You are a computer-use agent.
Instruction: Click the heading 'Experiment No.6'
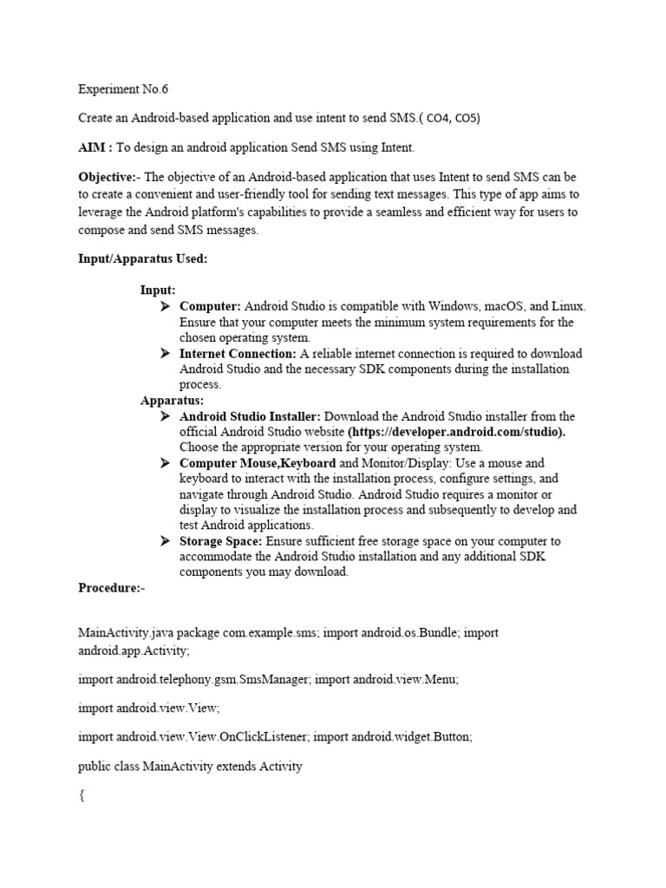pyautogui.click(x=122, y=89)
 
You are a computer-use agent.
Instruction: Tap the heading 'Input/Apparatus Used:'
pyautogui.click(x=142, y=259)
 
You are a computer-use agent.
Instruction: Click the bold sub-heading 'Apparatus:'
pyautogui.click(x=173, y=401)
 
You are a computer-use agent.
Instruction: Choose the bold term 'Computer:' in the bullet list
pyautogui.click(x=211, y=307)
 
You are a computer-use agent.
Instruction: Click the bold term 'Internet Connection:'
pyautogui.click(x=238, y=354)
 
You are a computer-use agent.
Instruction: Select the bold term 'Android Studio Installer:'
pyautogui.click(x=251, y=416)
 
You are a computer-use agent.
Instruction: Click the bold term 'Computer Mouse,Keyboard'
pyautogui.click(x=258, y=463)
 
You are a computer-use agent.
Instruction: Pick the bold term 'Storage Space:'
pyautogui.click(x=220, y=541)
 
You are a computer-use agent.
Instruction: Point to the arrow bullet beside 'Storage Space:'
pyautogui.click(x=166, y=541)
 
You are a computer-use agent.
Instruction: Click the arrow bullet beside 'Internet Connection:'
pyautogui.click(x=166, y=354)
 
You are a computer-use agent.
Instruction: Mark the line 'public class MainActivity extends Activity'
pyautogui.click(x=190, y=767)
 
